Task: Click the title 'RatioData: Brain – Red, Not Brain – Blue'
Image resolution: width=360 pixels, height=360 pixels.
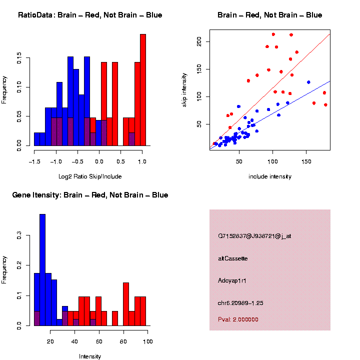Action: point(90,15)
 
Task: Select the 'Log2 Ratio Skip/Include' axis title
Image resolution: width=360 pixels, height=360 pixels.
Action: point(89,176)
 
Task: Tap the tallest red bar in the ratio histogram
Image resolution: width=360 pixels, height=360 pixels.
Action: point(143,90)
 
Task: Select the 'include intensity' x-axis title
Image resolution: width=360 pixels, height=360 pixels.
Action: point(270,176)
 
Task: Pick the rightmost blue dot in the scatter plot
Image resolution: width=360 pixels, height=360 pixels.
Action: point(308,82)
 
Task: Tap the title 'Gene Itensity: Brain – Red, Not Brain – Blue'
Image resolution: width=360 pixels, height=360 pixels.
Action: point(90,195)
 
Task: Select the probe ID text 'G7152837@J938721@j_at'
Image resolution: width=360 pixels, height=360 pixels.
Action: point(254,236)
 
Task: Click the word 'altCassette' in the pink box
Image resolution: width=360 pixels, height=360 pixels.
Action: point(233,258)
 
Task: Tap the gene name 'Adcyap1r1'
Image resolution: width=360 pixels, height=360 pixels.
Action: point(232,280)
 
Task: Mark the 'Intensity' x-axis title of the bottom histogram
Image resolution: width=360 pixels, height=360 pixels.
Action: point(90,356)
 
